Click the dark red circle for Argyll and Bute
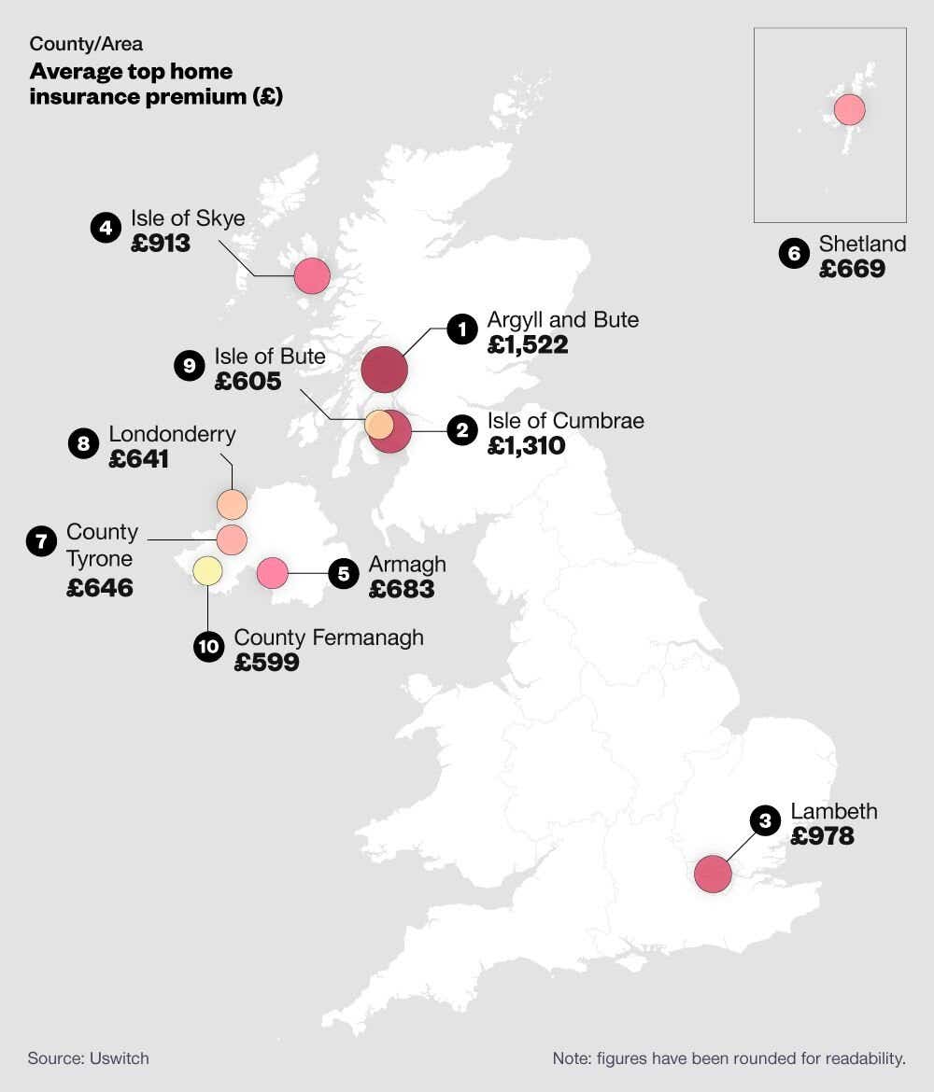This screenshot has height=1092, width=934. [x=384, y=369]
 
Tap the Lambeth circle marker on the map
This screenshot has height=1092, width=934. [x=714, y=875]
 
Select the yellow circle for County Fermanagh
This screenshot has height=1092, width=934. [x=207, y=569]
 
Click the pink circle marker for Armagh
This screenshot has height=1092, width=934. [x=272, y=572]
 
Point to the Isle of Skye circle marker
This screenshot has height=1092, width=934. [x=312, y=275]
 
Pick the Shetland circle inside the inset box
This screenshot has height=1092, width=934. [x=849, y=109]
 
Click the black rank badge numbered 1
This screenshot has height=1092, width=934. [x=461, y=329]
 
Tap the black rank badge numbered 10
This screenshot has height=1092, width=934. [x=209, y=647]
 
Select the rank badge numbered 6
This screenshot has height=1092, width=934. [x=794, y=254]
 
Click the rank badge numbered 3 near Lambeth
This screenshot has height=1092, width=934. [x=765, y=821]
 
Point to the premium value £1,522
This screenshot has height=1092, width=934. [x=528, y=345]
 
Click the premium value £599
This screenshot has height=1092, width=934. [x=266, y=663]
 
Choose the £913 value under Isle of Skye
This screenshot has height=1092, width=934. [x=161, y=244]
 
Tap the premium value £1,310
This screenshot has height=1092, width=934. [x=526, y=446]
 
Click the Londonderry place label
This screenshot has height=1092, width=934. [x=172, y=434]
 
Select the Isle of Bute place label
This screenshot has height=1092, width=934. [x=270, y=357]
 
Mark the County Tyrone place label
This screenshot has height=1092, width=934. [x=101, y=545]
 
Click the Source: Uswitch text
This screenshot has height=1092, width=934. [x=88, y=1058]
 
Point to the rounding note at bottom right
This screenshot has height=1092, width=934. [x=729, y=1058]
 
